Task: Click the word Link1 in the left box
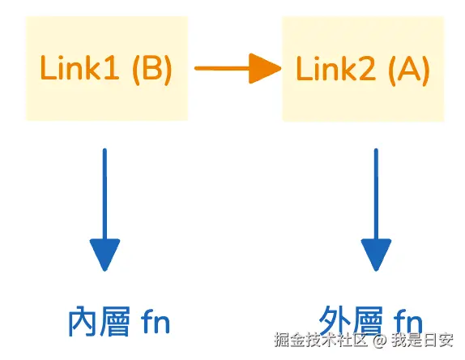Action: click(79, 67)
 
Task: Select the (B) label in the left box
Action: click(151, 69)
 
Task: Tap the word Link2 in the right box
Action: click(335, 69)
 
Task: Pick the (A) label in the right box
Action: click(409, 71)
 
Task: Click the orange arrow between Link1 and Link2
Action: click(238, 68)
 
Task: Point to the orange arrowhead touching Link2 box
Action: click(265, 68)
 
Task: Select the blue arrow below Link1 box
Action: click(105, 210)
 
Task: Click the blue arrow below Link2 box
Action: click(376, 210)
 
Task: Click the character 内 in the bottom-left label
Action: click(83, 322)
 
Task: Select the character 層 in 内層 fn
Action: click(115, 322)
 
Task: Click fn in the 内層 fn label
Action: click(156, 322)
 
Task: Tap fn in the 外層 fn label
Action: click(408, 323)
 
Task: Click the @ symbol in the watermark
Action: click(380, 340)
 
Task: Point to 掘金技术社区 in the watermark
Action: click(321, 340)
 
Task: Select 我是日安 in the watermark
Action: click(422, 340)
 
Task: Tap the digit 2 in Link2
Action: click(368, 69)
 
